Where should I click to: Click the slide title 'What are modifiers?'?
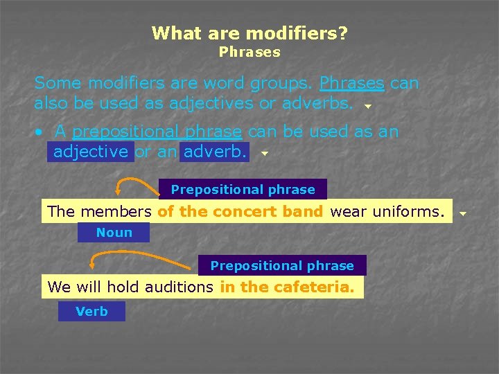pos(249,33)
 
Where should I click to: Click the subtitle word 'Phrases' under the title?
pos(249,52)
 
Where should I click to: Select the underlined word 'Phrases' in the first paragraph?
pos(351,83)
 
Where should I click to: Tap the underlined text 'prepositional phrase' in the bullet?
pos(157,132)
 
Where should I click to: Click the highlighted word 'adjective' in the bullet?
pos(91,151)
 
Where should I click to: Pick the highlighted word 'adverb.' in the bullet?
pos(215,151)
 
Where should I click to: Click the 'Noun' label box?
pos(114,233)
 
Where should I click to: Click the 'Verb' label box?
pos(92,312)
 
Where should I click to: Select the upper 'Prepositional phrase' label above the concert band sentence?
pos(243,190)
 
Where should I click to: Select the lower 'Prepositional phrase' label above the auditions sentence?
pos(282,266)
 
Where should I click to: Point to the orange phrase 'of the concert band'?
pos(240,212)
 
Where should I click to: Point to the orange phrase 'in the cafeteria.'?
pos(288,287)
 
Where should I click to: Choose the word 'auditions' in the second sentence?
pos(180,287)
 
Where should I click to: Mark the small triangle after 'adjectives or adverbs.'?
pos(368,107)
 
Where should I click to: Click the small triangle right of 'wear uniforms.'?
pos(464,214)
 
